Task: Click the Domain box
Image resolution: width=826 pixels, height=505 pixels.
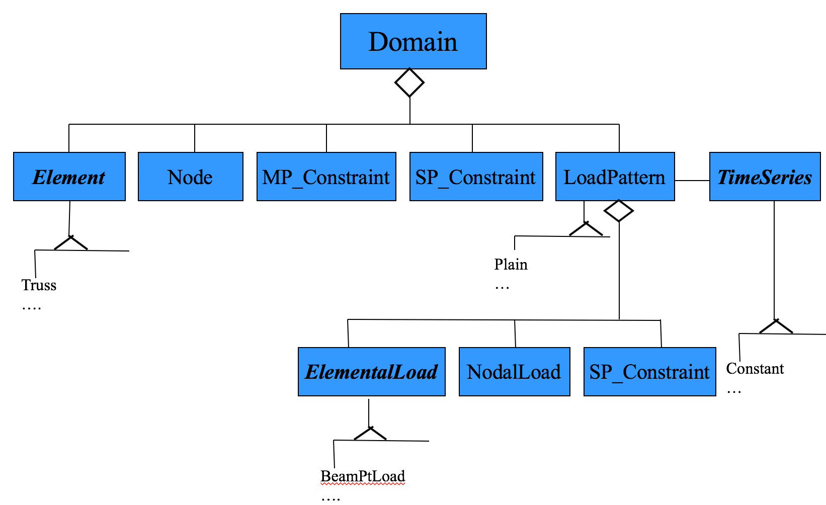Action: [413, 41]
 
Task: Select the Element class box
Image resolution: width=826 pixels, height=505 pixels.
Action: [69, 177]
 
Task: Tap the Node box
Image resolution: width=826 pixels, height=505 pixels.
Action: [190, 177]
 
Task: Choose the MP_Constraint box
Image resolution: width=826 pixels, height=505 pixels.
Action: [326, 177]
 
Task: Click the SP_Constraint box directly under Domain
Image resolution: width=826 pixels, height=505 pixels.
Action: [476, 177]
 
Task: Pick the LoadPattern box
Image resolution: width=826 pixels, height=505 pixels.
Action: [615, 177]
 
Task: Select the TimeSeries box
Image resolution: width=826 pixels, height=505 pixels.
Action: [765, 177]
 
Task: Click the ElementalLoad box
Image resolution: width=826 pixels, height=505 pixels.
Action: [371, 372]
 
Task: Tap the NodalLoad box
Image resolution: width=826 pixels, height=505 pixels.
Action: [514, 372]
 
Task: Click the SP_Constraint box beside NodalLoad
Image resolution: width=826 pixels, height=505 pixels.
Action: [649, 372]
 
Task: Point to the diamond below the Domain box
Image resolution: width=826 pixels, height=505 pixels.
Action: [409, 82]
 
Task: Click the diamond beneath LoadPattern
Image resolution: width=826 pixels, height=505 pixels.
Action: [619, 211]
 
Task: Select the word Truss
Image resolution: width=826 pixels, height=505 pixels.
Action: [39, 285]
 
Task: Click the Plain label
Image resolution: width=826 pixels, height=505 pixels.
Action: [511, 265]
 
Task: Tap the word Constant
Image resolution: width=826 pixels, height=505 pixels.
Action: [755, 369]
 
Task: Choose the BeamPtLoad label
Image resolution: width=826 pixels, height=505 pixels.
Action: [362, 476]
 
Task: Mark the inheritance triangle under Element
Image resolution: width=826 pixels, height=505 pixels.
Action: [71, 243]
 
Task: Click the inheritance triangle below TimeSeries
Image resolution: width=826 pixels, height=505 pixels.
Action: [776, 327]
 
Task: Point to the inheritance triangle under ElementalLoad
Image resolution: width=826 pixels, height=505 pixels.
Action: [370, 434]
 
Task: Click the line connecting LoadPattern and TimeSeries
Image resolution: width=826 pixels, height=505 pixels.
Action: [692, 181]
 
